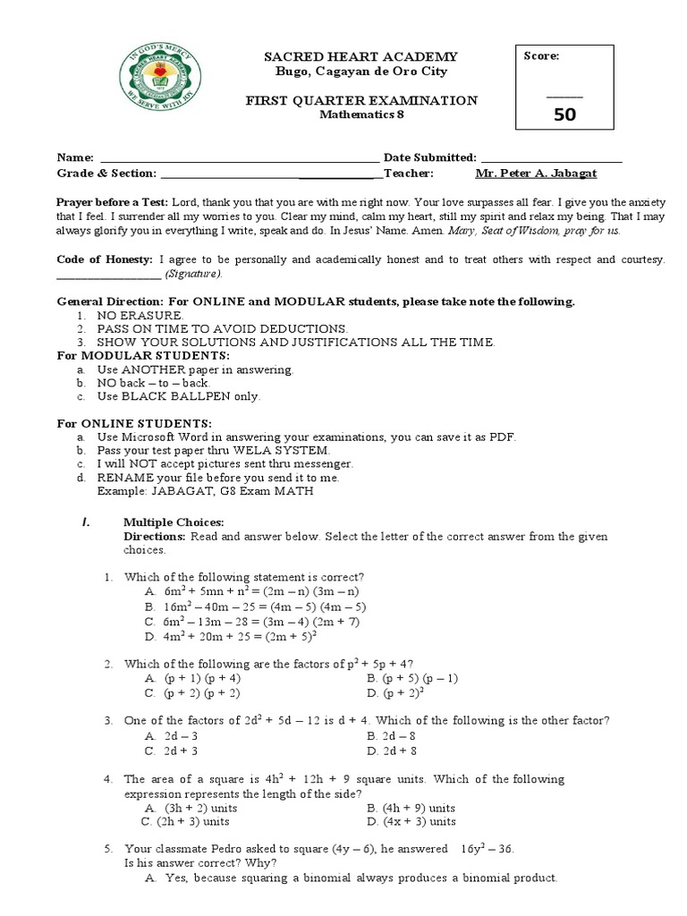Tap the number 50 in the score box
[x=564, y=114]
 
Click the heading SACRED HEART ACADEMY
[x=360, y=56]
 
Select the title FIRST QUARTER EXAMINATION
[x=361, y=100]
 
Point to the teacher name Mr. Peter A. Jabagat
[x=536, y=174]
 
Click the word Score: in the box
[x=542, y=55]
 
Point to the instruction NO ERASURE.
[x=140, y=316]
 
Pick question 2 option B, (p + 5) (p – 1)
[x=412, y=678]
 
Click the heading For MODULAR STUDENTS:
[x=131, y=355]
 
